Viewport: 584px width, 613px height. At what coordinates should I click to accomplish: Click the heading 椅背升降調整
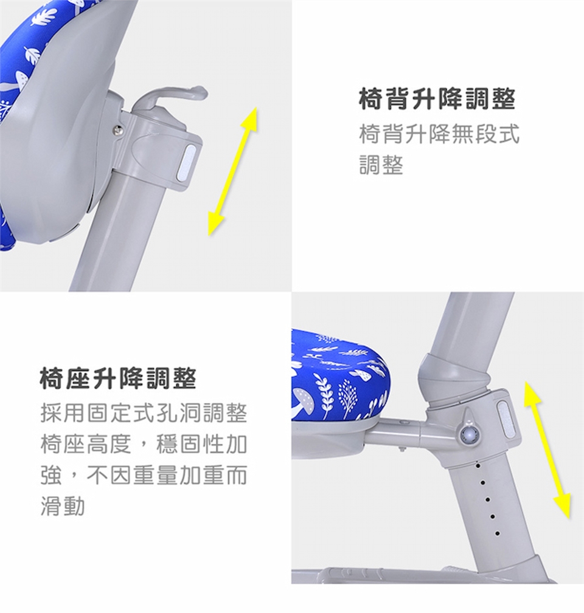coord(437,100)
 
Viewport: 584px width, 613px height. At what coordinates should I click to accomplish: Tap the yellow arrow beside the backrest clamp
coord(233,171)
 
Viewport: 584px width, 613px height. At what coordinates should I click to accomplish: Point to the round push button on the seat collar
coord(468,434)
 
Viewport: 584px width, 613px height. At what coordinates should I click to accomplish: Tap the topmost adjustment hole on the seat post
coord(478,465)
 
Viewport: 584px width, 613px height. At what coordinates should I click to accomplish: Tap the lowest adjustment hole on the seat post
coord(497,533)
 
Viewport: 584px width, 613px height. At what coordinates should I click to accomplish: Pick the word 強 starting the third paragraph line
coord(51,475)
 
